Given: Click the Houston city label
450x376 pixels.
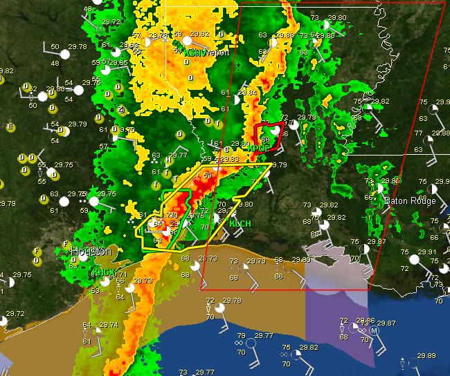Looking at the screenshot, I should pos(91,252).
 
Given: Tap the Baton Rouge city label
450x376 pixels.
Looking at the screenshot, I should pos(411,201).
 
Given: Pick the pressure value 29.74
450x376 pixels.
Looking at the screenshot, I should pos(108,324).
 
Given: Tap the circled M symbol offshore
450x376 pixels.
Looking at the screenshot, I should pos(374,331).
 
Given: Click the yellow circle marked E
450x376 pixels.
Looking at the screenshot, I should pos(10,126).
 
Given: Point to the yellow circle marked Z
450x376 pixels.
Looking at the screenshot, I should pos(120,109).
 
